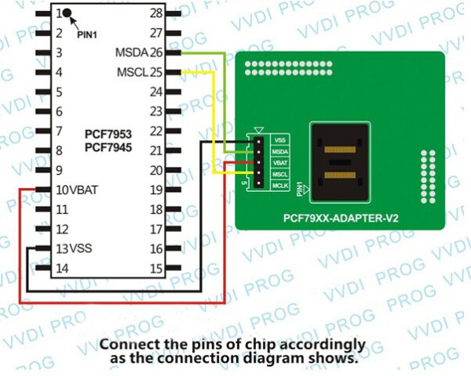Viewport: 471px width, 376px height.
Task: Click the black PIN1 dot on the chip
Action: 69,13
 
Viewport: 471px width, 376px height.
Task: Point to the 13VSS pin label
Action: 74,248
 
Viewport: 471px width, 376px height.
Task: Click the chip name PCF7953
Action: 108,135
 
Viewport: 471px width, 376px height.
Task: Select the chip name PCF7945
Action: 108,147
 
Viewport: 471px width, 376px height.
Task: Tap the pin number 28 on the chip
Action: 155,13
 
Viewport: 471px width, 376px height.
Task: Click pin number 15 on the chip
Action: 155,268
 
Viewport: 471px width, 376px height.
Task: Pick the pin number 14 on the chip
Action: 62,268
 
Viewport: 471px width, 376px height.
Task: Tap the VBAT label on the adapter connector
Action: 280,161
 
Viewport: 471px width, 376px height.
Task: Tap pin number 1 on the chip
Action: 58,13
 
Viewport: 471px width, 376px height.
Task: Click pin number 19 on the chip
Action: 155,190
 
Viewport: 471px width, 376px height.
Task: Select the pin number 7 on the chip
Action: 58,131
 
